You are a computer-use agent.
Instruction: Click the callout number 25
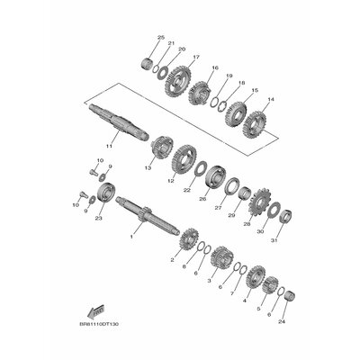(x=160, y=37)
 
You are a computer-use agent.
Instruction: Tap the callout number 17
(x=195, y=58)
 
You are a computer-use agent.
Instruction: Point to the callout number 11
(x=109, y=145)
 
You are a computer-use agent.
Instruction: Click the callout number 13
(x=148, y=168)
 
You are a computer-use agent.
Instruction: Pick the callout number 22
(x=187, y=190)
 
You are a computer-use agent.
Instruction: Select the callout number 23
(x=98, y=218)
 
